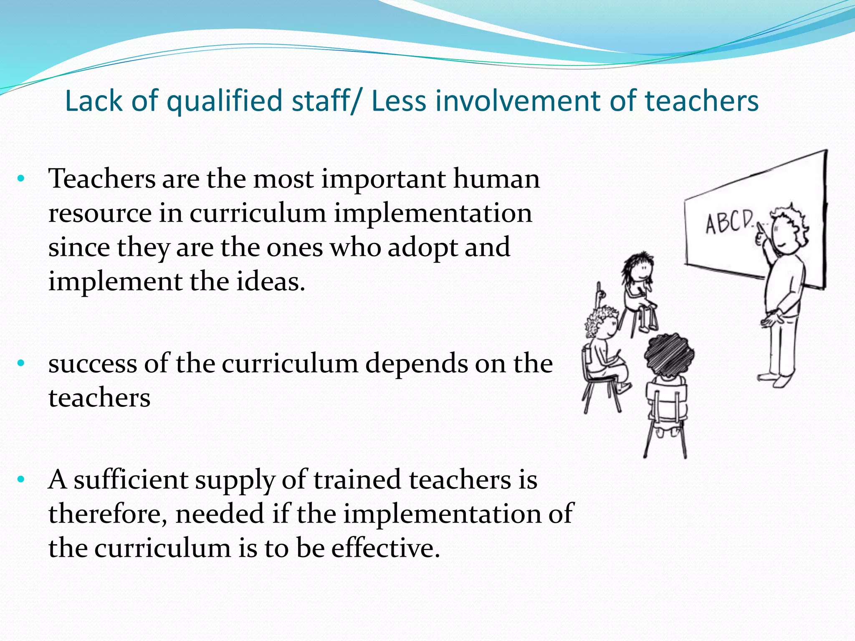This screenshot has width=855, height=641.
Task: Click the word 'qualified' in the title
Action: tap(225, 101)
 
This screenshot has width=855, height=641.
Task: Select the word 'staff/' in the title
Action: tap(325, 101)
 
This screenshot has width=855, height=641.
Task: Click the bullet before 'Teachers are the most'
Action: tap(21, 179)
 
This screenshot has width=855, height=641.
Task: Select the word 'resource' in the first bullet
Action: tap(100, 213)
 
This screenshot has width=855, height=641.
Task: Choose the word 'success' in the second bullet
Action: tap(92, 364)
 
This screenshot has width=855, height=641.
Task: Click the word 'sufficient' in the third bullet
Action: tap(131, 480)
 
